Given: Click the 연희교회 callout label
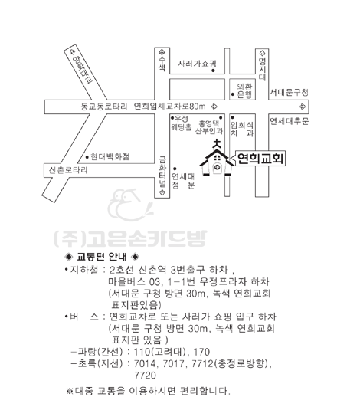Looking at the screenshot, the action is [x=260, y=159].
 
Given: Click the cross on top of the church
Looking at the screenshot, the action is [x=217, y=144].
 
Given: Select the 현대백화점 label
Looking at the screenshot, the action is [x=110, y=156].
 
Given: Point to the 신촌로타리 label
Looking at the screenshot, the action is [x=68, y=170].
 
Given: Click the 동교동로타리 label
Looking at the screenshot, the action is [x=104, y=107].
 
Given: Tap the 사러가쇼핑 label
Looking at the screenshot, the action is [x=197, y=64].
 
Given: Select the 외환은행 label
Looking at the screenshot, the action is [x=244, y=90].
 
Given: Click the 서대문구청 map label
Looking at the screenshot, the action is [x=289, y=93].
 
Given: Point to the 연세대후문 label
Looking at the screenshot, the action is [x=289, y=121].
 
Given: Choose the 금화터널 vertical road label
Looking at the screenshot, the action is [x=162, y=172].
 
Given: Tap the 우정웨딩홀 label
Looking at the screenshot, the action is [x=182, y=123].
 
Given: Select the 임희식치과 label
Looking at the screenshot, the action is [x=242, y=129].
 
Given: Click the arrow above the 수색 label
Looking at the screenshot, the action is [x=162, y=52].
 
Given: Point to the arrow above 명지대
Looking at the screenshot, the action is [x=262, y=53].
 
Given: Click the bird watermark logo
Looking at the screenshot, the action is [x=131, y=205].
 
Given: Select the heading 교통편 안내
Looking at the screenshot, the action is [x=102, y=257].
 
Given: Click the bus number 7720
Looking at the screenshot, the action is [x=145, y=376].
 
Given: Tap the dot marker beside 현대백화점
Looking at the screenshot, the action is [x=87, y=157].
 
